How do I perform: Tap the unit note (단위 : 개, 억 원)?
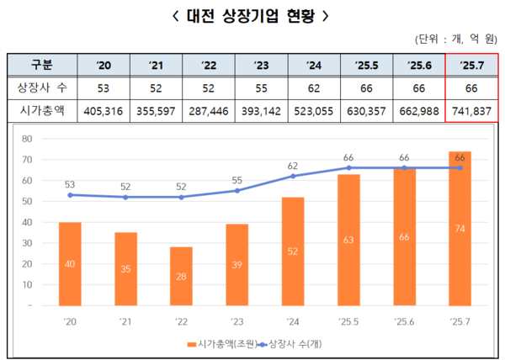click(x=456, y=40)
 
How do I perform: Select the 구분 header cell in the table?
click(x=41, y=65)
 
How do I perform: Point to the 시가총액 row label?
click(x=41, y=109)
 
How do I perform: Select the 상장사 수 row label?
click(x=41, y=87)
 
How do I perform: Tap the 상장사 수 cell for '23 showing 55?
click(x=261, y=87)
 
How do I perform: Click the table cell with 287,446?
click(x=208, y=109)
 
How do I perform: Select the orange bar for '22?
click(x=182, y=277)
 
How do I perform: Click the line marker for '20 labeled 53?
click(x=69, y=195)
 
